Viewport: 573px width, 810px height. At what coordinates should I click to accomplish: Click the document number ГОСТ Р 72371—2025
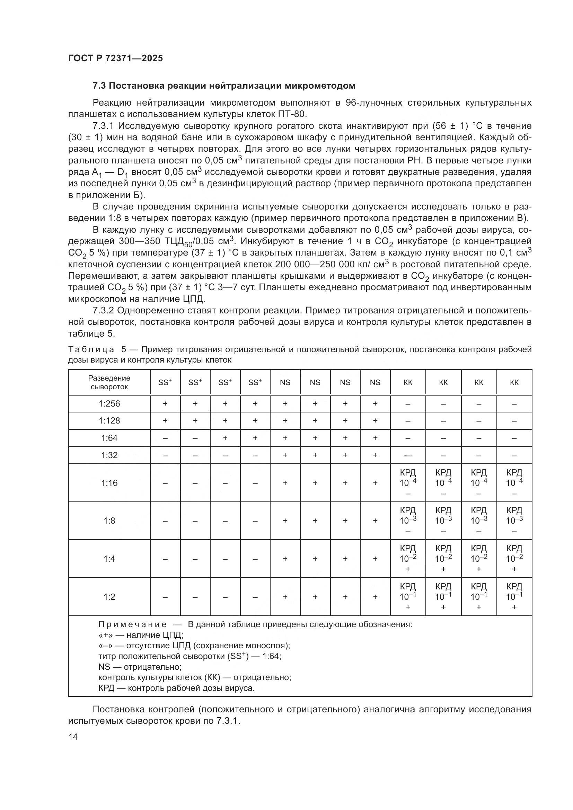click(x=115, y=59)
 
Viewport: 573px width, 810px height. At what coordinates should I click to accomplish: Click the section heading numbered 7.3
click(x=224, y=86)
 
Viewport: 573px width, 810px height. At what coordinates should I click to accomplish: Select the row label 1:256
click(x=109, y=403)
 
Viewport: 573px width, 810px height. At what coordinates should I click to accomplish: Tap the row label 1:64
click(x=109, y=438)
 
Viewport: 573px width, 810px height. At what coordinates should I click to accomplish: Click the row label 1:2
click(x=109, y=597)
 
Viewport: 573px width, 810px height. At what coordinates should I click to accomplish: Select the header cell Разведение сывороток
click(x=109, y=382)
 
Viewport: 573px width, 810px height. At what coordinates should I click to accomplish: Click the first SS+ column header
click(x=165, y=382)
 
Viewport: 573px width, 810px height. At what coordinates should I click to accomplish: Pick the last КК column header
click(x=514, y=382)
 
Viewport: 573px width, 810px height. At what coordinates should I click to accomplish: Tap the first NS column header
click(x=285, y=382)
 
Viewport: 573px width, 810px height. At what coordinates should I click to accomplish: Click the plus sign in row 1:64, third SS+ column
click(x=225, y=438)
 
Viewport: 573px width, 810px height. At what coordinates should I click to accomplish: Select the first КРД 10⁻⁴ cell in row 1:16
click(x=408, y=482)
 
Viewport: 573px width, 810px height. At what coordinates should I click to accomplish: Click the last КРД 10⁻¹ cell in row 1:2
click(x=514, y=597)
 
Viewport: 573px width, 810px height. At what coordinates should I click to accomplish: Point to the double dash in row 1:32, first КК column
click(x=408, y=455)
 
